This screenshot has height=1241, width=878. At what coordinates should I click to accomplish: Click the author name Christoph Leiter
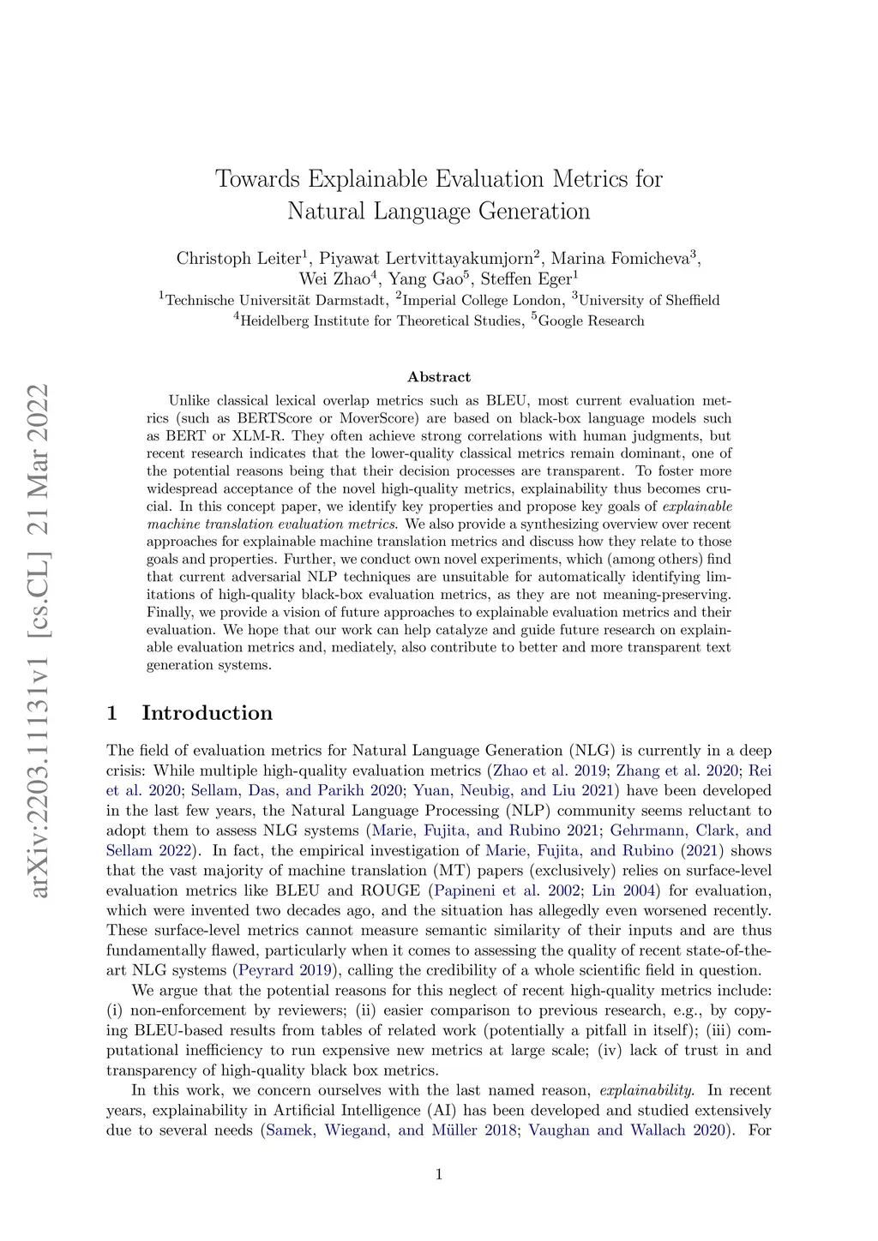point(238,259)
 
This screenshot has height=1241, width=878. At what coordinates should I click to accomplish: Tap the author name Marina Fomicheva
point(621,259)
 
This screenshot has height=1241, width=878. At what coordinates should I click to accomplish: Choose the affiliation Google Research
point(591,321)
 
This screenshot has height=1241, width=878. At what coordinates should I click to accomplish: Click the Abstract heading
point(439,377)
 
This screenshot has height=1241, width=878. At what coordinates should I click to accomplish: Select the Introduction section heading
point(207,713)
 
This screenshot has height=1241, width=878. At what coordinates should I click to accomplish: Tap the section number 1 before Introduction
point(111,713)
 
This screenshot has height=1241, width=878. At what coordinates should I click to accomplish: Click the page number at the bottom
point(439,1174)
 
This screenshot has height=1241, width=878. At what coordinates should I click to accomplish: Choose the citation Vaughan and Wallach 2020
point(627,1130)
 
